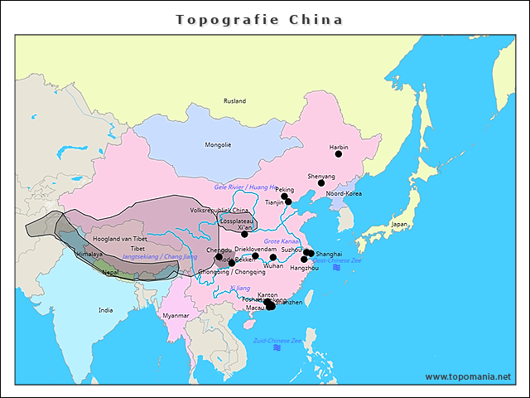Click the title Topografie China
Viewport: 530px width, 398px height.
pyautogui.click(x=259, y=19)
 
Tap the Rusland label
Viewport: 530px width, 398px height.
pyautogui.click(x=234, y=101)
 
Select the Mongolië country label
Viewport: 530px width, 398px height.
pyautogui.click(x=218, y=145)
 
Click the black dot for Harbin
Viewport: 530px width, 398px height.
pyautogui.click(x=338, y=154)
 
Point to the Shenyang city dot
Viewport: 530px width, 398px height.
pyautogui.click(x=321, y=183)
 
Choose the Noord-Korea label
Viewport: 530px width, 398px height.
pyautogui.click(x=344, y=193)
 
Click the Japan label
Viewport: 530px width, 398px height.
pyautogui.click(x=399, y=224)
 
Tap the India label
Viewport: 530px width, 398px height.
pyautogui.click(x=105, y=310)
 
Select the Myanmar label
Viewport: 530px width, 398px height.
pyautogui.click(x=176, y=316)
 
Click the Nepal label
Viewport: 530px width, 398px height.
pyautogui.click(x=110, y=271)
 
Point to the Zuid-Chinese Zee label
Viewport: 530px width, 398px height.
pyautogui.click(x=277, y=340)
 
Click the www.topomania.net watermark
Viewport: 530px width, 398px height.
pyautogui.click(x=468, y=376)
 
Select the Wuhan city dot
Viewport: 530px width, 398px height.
pyautogui.click(x=273, y=258)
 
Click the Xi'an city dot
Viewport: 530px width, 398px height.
pyautogui.click(x=244, y=234)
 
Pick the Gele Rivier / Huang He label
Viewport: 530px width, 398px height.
pyautogui.click(x=245, y=187)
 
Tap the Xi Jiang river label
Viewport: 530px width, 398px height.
pyautogui.click(x=240, y=288)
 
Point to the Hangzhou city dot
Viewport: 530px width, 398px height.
pyautogui.click(x=304, y=260)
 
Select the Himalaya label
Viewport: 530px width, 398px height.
pyautogui.click(x=86, y=255)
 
